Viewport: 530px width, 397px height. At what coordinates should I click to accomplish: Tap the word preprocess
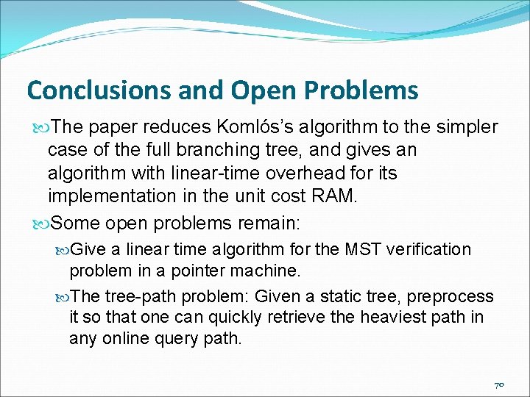451,297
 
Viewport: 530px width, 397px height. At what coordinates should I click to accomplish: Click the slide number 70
499,385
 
